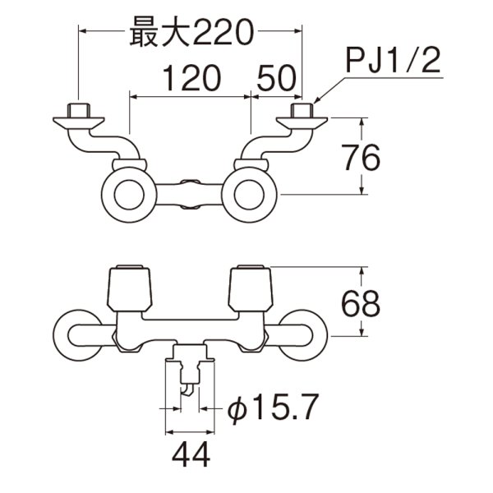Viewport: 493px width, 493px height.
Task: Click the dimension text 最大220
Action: (x=189, y=33)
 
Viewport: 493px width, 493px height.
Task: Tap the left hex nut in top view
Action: (x=78, y=110)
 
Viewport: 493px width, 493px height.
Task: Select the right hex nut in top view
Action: (x=302, y=110)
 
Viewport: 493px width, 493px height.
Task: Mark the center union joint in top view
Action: (x=190, y=196)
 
